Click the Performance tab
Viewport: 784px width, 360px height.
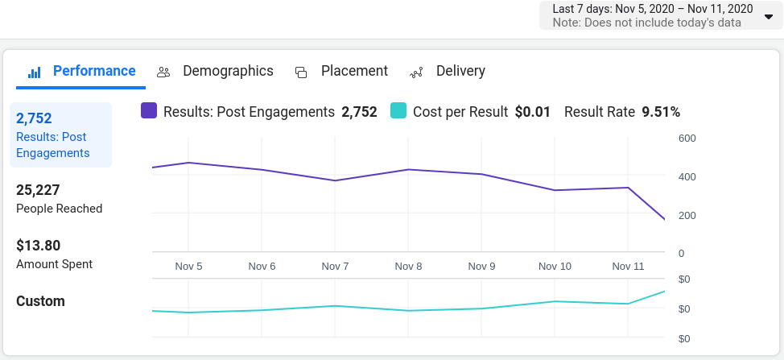click(x=93, y=71)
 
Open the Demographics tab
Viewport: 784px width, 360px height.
click(x=228, y=71)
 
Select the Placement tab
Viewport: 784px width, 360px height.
click(x=354, y=71)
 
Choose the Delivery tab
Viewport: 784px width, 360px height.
click(x=460, y=71)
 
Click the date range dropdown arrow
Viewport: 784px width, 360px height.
click(x=768, y=16)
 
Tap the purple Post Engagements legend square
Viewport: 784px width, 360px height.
click(x=149, y=111)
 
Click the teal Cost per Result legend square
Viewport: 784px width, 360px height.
click(x=398, y=111)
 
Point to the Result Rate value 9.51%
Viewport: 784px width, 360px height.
click(x=661, y=112)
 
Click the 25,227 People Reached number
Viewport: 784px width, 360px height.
click(x=38, y=190)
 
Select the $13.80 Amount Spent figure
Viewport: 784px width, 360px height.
click(x=39, y=246)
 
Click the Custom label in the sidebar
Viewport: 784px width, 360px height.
click(x=40, y=301)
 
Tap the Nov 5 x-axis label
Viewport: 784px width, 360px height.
click(x=188, y=267)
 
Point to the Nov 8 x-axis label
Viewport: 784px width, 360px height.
click(x=408, y=267)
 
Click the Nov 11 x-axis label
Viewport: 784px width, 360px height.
click(x=628, y=267)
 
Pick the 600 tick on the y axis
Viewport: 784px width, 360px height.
click(x=687, y=139)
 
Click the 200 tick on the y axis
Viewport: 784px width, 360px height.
click(x=687, y=215)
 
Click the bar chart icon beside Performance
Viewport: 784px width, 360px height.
click(x=35, y=72)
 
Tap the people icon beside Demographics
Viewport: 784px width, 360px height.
click(x=163, y=72)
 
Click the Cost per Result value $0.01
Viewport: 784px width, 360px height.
click(x=533, y=112)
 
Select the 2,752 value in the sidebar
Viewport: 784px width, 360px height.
click(x=34, y=119)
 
